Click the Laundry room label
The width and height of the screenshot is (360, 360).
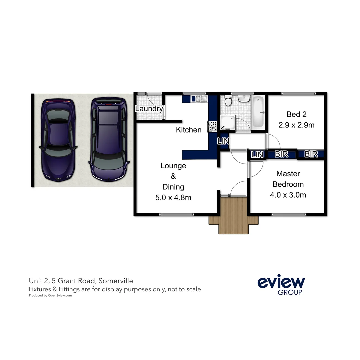click(149, 108)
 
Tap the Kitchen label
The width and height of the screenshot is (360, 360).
click(189, 130)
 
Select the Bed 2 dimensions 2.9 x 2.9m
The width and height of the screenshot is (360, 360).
click(296, 125)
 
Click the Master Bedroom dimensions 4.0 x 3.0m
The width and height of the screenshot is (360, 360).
click(288, 195)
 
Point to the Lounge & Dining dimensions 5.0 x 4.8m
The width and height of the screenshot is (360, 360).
click(173, 197)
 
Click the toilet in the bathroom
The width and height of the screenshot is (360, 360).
click(228, 101)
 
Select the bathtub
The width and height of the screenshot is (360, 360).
click(258, 113)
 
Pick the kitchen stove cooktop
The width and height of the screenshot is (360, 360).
click(212, 126)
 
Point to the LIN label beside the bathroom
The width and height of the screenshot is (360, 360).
click(223, 141)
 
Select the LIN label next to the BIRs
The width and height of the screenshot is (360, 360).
click(257, 154)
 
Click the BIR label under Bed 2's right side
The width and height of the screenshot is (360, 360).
click(311, 154)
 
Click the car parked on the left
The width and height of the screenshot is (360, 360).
click(58, 140)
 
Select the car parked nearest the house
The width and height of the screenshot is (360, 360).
click(108, 139)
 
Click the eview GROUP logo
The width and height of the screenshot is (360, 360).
click(281, 285)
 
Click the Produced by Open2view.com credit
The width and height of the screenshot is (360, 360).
click(50, 295)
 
